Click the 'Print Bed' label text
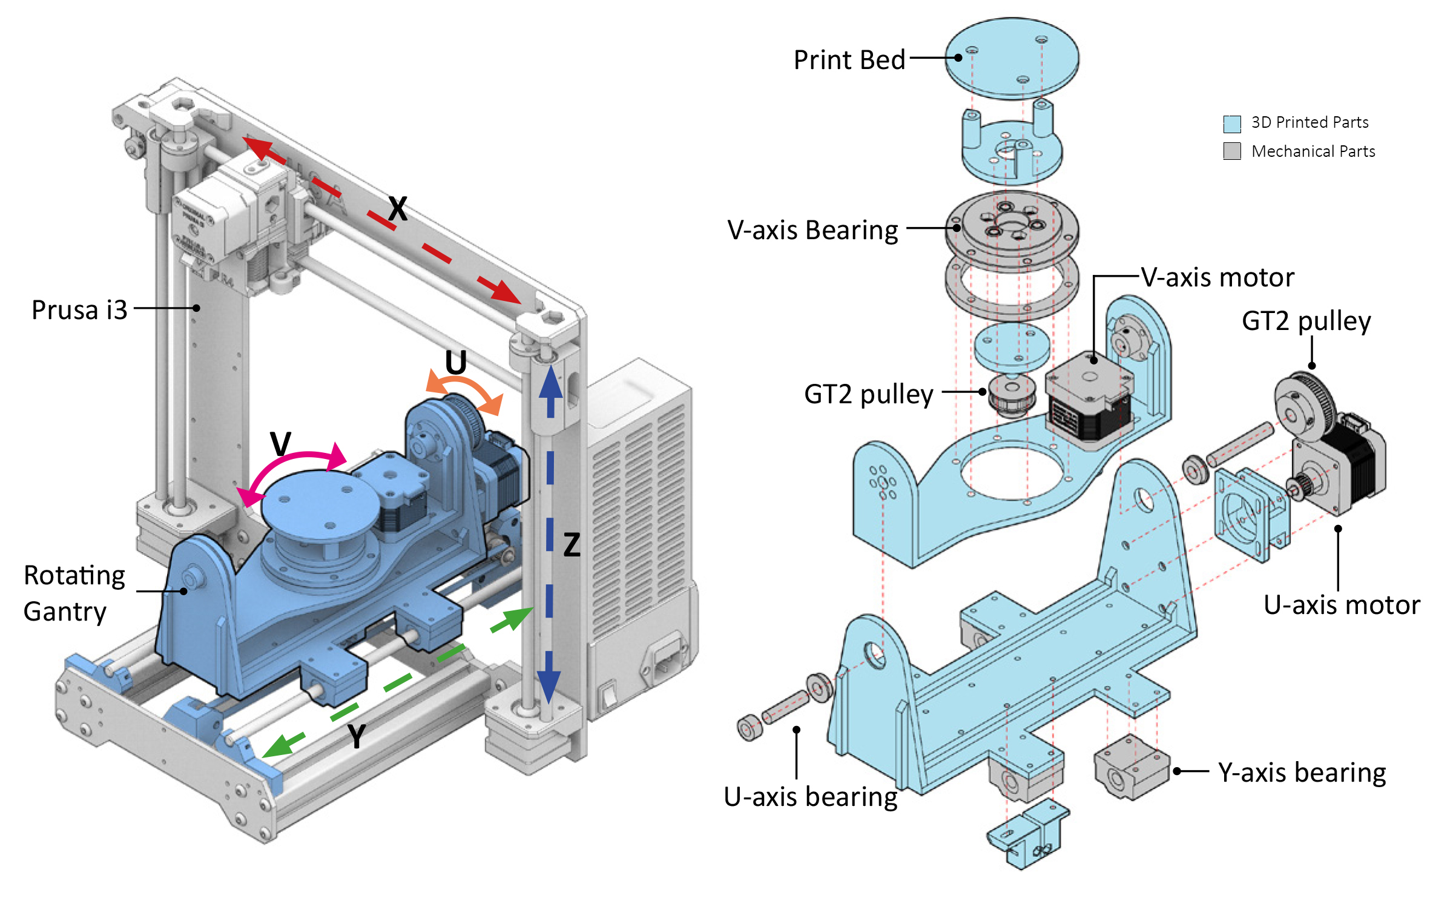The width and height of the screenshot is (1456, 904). click(x=849, y=60)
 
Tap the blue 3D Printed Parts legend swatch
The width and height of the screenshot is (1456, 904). click(x=1231, y=124)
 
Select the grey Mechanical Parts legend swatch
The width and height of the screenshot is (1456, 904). click(x=1231, y=151)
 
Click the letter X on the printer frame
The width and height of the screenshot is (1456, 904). click(x=398, y=210)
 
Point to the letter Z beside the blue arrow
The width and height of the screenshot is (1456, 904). click(x=572, y=545)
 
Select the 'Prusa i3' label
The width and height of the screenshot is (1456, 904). click(x=79, y=310)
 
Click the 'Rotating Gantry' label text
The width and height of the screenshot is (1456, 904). click(x=74, y=593)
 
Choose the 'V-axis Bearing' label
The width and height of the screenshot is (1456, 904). click(x=812, y=231)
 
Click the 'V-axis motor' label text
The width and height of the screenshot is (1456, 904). click(x=1217, y=278)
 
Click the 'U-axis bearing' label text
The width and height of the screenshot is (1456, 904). click(x=810, y=797)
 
